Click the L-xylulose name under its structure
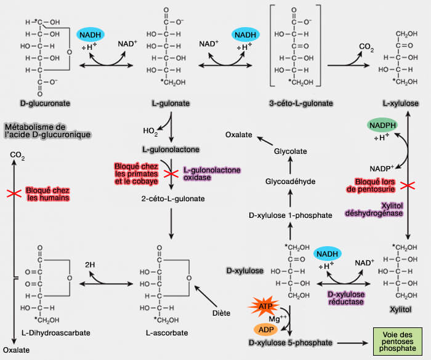pos(397,103)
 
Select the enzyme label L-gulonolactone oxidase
pos(211,173)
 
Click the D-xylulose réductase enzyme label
pos(346,298)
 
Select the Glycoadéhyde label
pos(288,182)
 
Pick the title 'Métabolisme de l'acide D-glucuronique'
pos(47,130)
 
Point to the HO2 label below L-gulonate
pos(150,130)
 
